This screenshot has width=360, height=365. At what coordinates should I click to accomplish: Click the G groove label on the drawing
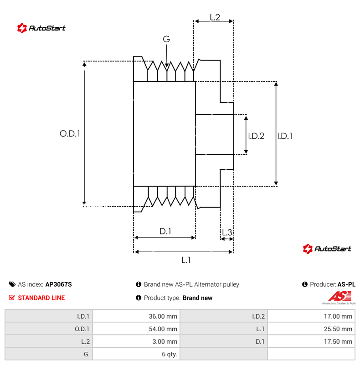click(x=166, y=40)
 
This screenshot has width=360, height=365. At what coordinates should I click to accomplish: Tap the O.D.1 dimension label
click(x=70, y=134)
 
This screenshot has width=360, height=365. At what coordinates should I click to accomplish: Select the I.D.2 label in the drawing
click(x=256, y=136)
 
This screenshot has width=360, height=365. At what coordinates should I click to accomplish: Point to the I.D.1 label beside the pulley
click(x=285, y=136)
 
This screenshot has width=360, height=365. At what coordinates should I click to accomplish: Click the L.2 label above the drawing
click(x=215, y=17)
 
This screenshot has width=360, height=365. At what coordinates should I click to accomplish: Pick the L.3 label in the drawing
click(x=226, y=233)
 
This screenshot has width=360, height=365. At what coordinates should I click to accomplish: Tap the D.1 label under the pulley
click(x=165, y=231)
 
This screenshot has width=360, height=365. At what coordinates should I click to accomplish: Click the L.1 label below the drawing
click(x=186, y=260)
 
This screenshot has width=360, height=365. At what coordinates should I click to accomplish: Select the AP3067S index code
click(x=58, y=284)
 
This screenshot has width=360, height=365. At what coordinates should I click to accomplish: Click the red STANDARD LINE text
click(x=41, y=298)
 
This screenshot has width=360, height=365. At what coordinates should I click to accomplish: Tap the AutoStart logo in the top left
click(x=41, y=28)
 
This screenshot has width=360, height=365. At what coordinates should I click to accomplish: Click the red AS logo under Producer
click(x=338, y=296)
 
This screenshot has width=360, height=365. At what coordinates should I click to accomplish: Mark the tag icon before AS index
click(x=12, y=284)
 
